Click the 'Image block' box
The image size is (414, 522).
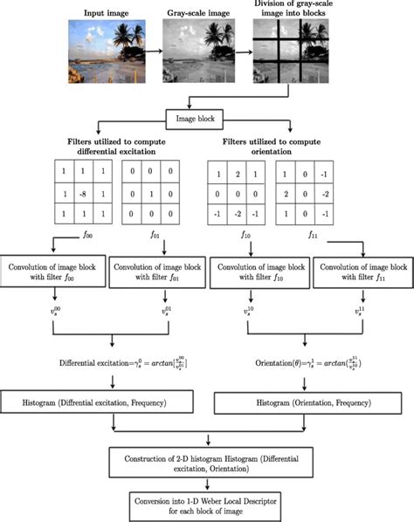click(205, 120)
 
